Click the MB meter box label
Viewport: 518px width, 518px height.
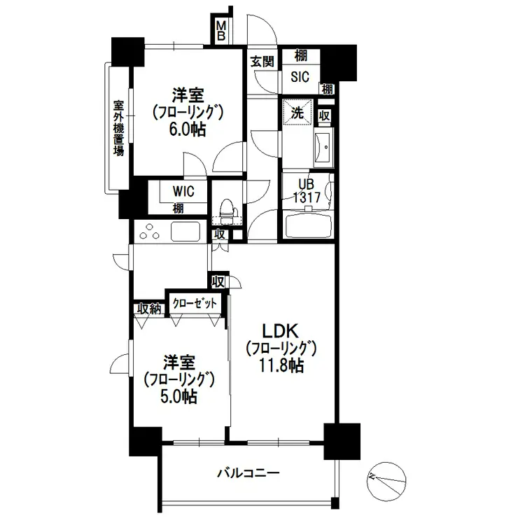click(221, 30)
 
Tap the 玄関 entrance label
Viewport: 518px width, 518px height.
click(262, 61)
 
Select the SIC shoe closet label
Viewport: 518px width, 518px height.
click(300, 76)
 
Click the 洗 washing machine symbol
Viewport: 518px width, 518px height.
click(297, 113)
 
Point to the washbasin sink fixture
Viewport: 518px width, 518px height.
click(323, 147)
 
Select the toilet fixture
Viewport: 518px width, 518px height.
click(227, 212)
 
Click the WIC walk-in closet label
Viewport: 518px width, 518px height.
click(183, 191)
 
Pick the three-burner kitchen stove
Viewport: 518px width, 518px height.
click(149, 232)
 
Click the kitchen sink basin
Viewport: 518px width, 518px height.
click(185, 231)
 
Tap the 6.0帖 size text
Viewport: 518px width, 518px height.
click(188, 129)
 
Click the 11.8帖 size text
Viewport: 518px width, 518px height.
click(281, 365)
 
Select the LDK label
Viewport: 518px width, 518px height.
click(280, 331)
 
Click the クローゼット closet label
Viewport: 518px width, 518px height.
click(195, 302)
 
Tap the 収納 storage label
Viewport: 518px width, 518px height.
click(149, 309)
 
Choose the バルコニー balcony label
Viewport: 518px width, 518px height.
click(248, 473)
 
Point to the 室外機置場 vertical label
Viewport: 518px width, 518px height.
click(118, 128)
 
